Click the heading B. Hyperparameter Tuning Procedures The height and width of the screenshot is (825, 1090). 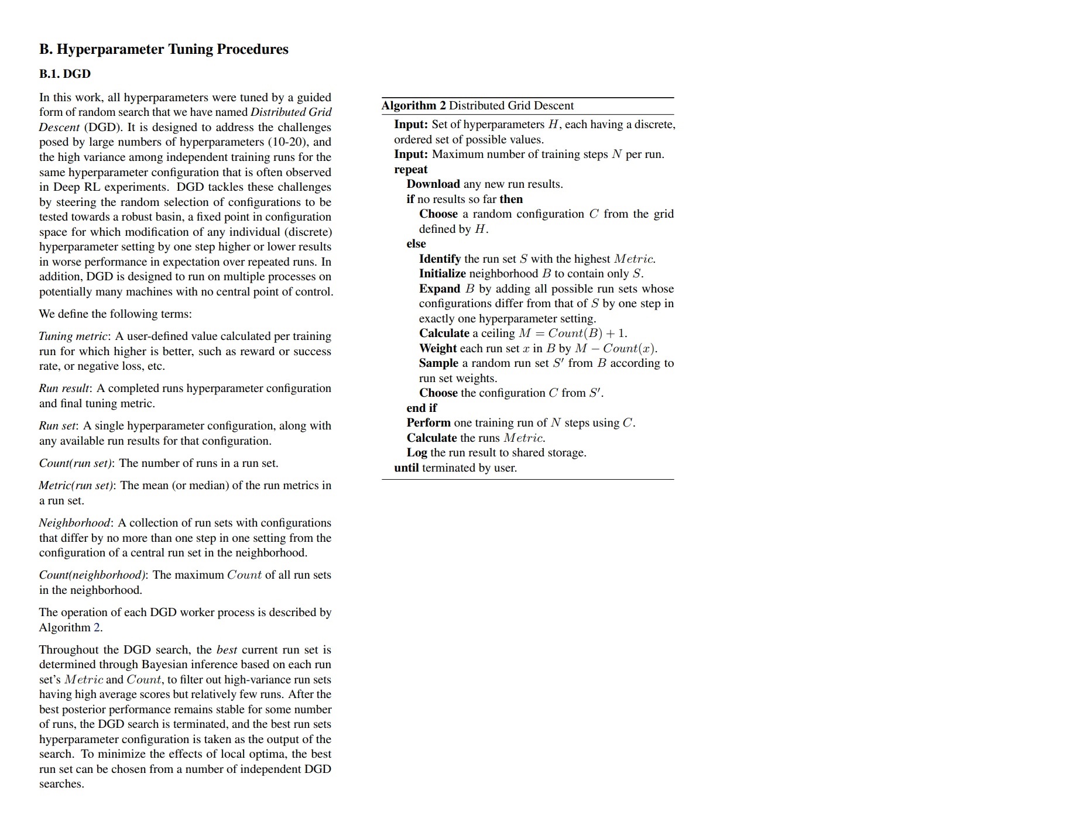click(x=163, y=49)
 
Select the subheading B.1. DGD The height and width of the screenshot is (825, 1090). click(x=65, y=74)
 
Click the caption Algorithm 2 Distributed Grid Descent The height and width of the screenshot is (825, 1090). click(x=477, y=106)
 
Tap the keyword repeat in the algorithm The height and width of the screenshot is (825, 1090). click(x=410, y=170)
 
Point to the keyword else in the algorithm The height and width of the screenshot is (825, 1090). click(x=416, y=244)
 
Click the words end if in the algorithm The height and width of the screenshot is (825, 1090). click(x=421, y=408)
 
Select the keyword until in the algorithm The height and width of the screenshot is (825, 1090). click(x=406, y=468)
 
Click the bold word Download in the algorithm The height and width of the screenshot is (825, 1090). click(x=433, y=184)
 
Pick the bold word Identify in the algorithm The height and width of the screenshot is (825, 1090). click(x=440, y=259)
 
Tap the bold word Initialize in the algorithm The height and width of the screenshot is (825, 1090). click(x=442, y=274)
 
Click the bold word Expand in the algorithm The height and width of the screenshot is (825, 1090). click(x=439, y=289)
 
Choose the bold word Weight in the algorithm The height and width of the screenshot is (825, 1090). click(x=437, y=349)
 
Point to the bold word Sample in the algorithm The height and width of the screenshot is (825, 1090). click(x=438, y=363)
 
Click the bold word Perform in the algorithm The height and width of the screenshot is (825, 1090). click(x=429, y=423)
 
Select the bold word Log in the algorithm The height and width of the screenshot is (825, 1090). click(x=417, y=453)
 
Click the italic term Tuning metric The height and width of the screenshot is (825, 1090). click(x=73, y=336)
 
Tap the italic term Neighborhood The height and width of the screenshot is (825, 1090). click(x=74, y=523)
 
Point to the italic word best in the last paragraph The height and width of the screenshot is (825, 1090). click(x=227, y=650)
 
